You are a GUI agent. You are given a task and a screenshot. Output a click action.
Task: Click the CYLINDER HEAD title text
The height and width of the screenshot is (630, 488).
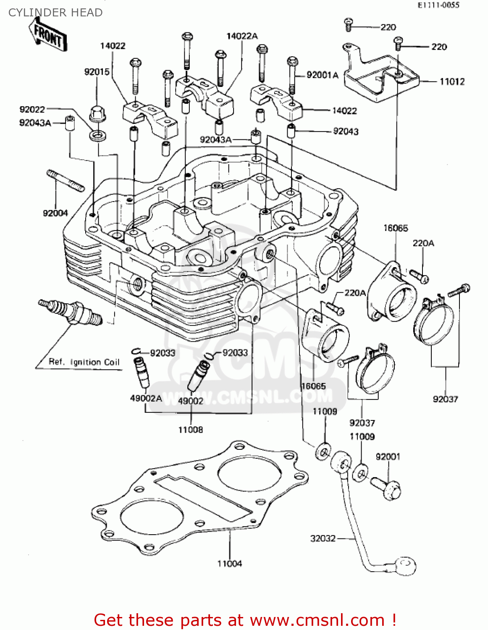55,13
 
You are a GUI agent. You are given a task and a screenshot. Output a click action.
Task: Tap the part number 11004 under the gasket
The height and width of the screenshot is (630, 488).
229,564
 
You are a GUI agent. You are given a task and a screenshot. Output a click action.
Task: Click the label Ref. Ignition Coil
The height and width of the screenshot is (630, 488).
84,362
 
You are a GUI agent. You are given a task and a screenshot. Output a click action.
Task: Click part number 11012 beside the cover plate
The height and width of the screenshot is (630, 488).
452,81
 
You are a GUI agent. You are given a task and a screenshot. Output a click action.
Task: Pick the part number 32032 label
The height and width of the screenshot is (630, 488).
323,538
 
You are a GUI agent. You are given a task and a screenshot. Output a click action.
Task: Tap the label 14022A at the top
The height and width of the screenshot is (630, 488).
242,36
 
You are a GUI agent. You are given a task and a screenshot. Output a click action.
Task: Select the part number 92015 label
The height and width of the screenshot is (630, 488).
97,72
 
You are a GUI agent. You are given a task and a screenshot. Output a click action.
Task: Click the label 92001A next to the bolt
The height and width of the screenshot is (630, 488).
322,75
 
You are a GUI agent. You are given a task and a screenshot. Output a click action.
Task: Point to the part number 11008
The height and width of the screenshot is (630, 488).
190,430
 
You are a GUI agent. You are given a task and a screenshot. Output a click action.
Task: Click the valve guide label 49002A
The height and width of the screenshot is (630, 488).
146,398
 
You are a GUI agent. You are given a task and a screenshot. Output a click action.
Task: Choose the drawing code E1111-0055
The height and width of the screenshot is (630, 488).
438,5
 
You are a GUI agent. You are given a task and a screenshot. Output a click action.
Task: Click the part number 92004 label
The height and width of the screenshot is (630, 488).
55,213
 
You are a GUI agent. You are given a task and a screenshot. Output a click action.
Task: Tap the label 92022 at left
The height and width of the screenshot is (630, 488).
32,110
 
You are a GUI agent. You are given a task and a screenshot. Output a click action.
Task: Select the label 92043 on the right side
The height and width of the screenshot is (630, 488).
346,131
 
